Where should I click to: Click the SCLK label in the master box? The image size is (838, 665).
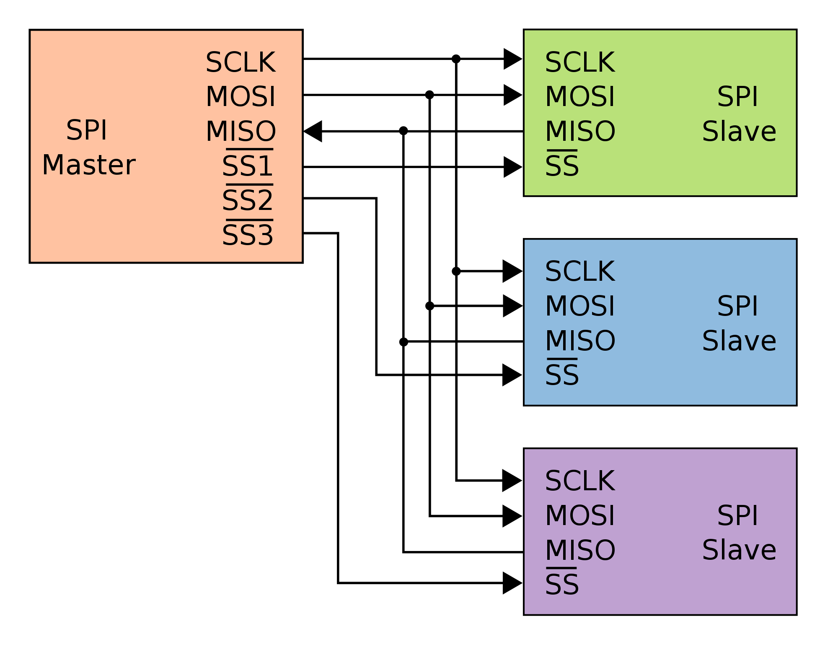click(241, 62)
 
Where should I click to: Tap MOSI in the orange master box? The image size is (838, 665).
click(241, 97)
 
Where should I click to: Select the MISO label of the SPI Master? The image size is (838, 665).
click(241, 131)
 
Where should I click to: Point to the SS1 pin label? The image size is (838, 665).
click(248, 166)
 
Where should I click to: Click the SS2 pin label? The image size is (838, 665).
click(248, 200)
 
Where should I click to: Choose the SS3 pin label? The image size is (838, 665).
click(248, 235)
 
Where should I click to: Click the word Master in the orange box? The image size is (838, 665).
click(89, 165)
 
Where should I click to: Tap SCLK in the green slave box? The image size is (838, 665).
click(580, 62)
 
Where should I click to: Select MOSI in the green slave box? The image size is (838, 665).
click(580, 97)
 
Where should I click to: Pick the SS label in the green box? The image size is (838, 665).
click(562, 166)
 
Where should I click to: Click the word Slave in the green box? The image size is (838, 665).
click(739, 131)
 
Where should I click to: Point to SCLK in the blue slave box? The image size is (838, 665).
click(580, 272)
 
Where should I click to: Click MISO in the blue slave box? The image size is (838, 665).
click(580, 340)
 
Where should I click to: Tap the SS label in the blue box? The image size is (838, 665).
click(562, 375)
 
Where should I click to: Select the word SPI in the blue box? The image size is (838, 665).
click(737, 306)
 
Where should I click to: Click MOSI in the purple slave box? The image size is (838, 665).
click(580, 515)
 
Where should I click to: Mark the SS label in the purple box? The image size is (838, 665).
click(562, 584)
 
